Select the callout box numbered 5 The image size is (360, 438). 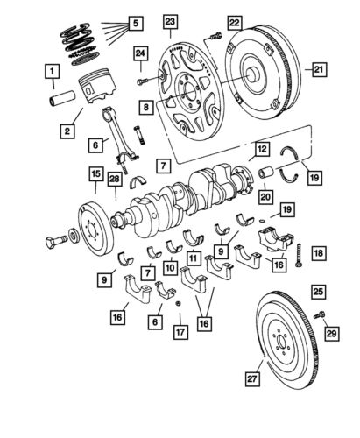[134, 21]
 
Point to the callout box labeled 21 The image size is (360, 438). [318, 67]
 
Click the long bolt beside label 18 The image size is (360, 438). [299, 253]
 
